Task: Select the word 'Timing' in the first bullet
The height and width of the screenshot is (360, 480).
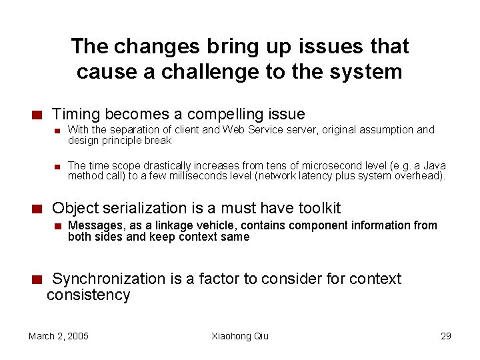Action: pos(76,114)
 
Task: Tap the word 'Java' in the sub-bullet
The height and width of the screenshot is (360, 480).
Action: pos(434,165)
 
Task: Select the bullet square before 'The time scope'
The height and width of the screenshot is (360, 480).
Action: pos(59,166)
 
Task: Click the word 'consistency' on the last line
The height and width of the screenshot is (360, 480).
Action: pos(88,295)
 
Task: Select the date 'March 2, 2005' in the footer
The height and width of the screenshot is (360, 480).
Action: pos(58,335)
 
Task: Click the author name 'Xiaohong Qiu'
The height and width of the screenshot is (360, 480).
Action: pos(239,335)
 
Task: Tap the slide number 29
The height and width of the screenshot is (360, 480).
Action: pos(445,335)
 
